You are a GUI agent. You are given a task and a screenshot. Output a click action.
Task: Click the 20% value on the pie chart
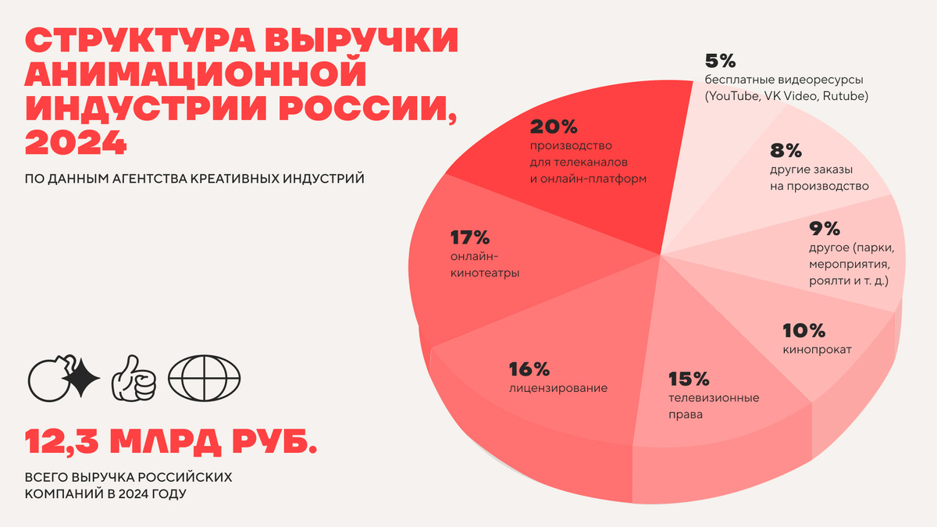click(x=554, y=126)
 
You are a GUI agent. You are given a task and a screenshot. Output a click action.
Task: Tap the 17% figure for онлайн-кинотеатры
click(x=470, y=237)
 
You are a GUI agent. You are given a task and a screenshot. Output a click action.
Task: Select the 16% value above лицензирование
click(x=529, y=368)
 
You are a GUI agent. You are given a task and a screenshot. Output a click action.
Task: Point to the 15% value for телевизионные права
click(x=689, y=379)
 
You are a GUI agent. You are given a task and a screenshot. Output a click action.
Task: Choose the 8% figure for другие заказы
click(x=786, y=150)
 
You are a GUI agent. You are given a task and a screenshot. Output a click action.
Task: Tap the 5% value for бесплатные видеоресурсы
click(x=721, y=61)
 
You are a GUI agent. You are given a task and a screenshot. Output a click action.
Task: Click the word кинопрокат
click(x=817, y=350)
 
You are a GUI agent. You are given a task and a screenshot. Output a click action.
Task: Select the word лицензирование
click(x=558, y=387)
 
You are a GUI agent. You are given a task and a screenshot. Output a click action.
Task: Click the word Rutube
click(x=845, y=97)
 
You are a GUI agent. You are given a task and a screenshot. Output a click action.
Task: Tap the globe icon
click(x=205, y=380)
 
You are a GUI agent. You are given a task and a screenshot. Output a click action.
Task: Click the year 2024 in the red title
click(x=76, y=142)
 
